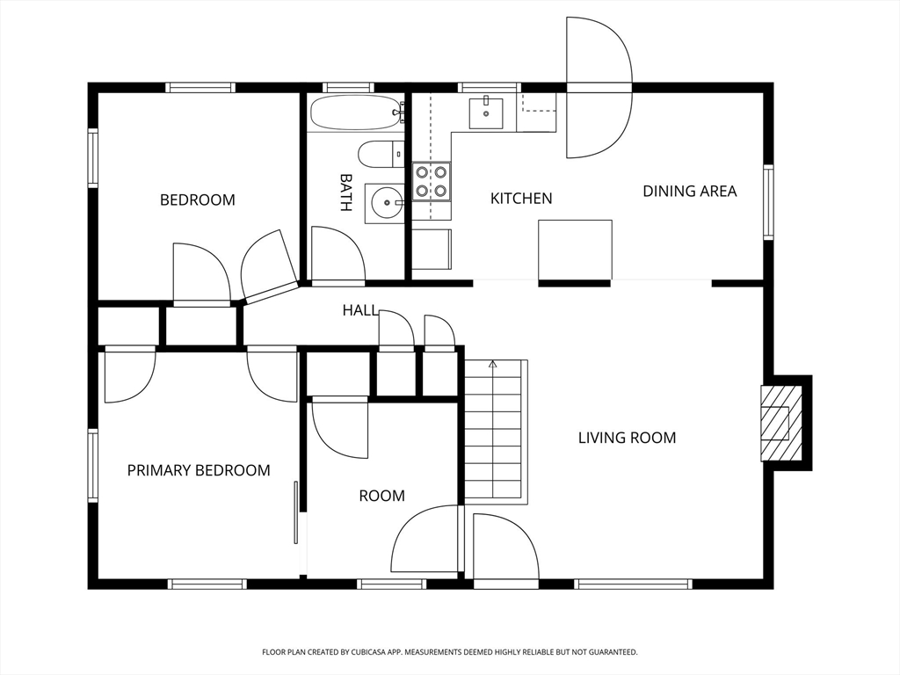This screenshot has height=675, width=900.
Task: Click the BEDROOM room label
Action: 198,200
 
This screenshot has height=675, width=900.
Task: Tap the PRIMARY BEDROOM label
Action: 199,471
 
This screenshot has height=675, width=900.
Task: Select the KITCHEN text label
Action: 521,199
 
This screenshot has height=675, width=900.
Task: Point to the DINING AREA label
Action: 689,191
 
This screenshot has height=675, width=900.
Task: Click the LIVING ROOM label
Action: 627,438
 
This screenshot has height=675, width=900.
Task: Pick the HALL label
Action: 359,310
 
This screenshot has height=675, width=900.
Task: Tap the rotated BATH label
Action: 345,192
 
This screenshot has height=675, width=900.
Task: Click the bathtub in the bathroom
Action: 356,112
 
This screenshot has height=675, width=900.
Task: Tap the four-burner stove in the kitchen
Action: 431,181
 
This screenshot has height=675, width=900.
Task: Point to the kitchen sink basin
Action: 486,113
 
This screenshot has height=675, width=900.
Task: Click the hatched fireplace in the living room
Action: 780,423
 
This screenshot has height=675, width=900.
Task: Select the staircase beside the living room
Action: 496,432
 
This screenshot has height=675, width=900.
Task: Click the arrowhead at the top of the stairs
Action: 492,364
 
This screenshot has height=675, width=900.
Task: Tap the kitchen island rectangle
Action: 575,250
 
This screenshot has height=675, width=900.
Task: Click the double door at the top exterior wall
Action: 599,87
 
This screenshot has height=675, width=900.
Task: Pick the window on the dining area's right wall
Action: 768,202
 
